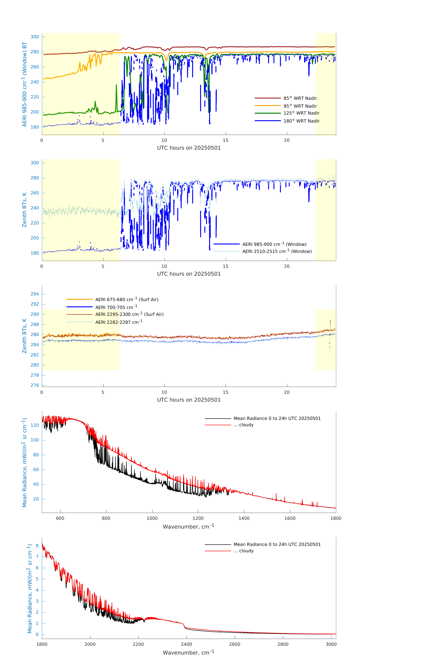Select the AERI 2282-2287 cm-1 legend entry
pyautogui.click(x=119, y=322)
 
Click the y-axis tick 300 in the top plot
pyautogui.click(x=35, y=37)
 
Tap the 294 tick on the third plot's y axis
pyautogui.click(x=35, y=294)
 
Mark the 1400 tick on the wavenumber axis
pyautogui.click(x=244, y=518)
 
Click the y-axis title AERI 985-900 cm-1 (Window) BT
pyautogui.click(x=25, y=84)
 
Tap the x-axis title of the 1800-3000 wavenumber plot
pyautogui.click(x=188, y=653)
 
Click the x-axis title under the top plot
pyautogui.click(x=189, y=148)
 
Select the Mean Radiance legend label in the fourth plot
pyautogui.click(x=277, y=418)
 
